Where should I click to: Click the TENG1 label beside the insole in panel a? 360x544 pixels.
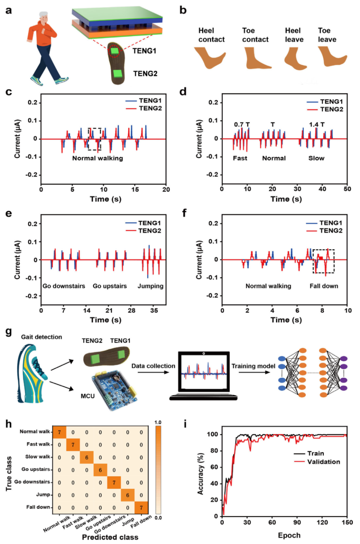[144, 51]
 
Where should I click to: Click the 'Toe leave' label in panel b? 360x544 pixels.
[327, 35]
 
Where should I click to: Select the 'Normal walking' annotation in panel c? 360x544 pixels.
[97, 158]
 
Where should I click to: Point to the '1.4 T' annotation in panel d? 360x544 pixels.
[316, 125]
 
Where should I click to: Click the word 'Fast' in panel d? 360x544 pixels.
[240, 158]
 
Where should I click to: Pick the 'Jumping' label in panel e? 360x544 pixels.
[150, 286]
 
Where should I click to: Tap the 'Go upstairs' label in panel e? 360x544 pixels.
[110, 286]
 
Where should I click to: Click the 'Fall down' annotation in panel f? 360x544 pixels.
[324, 286]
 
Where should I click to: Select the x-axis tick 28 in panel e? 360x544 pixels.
[132, 311]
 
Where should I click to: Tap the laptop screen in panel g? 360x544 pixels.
[204, 371]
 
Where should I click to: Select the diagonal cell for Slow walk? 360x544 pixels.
[87, 457]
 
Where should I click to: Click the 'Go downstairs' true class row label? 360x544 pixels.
[32, 482]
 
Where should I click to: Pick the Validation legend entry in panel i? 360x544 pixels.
[323, 462]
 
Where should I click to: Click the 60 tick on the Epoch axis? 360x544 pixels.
[272, 522]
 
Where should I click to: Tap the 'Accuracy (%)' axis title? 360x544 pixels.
[200, 474]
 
